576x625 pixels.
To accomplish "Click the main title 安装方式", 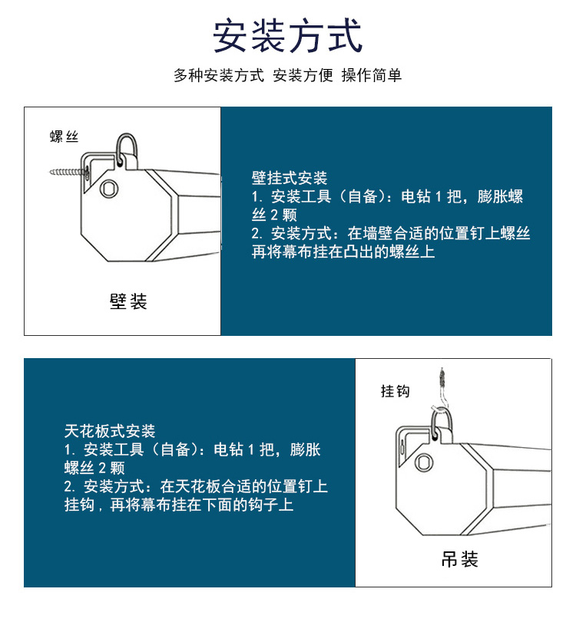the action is [287, 36].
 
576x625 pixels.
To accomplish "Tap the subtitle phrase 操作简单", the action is [371, 75].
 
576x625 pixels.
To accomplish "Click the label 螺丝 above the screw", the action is [64, 137].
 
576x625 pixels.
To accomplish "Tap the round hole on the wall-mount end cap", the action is [109, 188].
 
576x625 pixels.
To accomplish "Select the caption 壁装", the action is [128, 301].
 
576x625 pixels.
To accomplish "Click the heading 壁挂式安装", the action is [290, 178].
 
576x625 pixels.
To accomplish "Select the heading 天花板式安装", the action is [110, 431].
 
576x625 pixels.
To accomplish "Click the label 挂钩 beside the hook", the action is [396, 391].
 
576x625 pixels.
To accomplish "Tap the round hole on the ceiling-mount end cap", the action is [424, 462].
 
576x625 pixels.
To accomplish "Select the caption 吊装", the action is [460, 559].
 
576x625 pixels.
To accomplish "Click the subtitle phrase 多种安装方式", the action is [219, 75].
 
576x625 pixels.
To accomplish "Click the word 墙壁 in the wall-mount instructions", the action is [378, 233].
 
